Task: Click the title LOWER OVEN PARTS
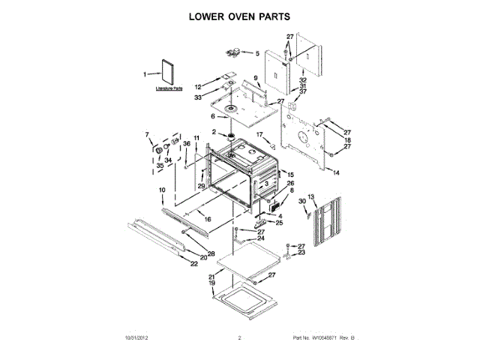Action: pyautogui.click(x=239, y=16)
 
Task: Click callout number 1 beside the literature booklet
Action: pyautogui.click(x=145, y=73)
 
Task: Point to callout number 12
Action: pyautogui.click(x=199, y=86)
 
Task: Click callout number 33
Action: pyautogui.click(x=199, y=97)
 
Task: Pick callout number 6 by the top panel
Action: pyautogui.click(x=213, y=117)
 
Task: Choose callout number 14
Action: pyautogui.click(x=337, y=172)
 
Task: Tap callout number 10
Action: pyautogui.click(x=161, y=190)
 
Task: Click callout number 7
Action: pyautogui.click(x=147, y=135)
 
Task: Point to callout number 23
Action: pyautogui.click(x=301, y=253)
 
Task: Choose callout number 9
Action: pyautogui.click(x=255, y=78)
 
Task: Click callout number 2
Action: pyautogui.click(x=214, y=132)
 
